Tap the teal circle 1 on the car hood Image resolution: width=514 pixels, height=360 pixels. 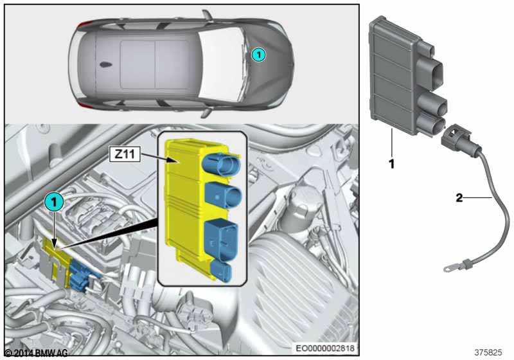[257, 55]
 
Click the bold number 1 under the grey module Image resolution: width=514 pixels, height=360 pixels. [391, 164]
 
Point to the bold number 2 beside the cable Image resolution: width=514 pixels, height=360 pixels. [459, 199]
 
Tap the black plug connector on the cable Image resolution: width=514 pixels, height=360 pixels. [454, 138]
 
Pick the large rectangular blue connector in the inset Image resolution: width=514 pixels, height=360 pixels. [220, 239]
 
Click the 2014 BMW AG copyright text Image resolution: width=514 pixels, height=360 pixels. [36, 353]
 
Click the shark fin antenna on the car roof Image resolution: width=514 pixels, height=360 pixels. [103, 65]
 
